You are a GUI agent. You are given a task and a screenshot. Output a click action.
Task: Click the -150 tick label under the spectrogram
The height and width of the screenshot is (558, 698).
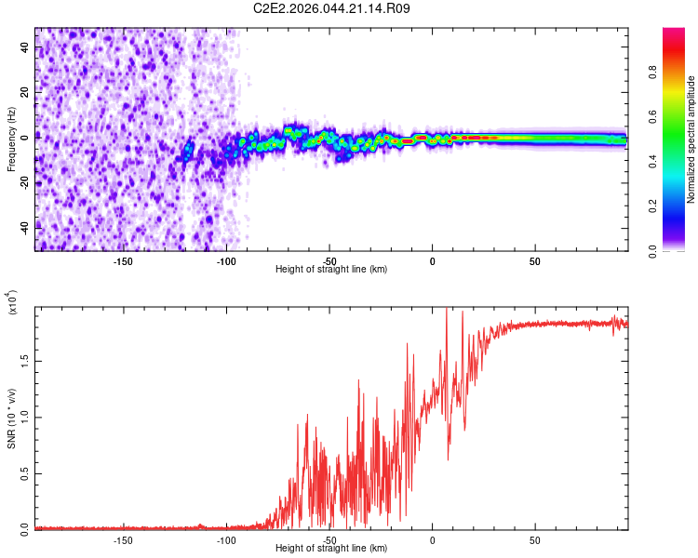[123, 260]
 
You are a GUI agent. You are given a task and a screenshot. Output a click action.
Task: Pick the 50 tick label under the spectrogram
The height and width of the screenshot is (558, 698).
[535, 260]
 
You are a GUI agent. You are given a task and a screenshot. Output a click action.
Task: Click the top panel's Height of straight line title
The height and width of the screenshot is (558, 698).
[331, 270]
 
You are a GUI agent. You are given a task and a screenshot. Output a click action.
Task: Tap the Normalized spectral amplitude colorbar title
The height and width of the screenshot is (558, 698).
[691, 139]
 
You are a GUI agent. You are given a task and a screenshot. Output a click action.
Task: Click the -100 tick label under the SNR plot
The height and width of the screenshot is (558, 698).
[226, 539]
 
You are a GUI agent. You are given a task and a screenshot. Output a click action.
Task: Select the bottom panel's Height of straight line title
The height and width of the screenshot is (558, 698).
[331, 549]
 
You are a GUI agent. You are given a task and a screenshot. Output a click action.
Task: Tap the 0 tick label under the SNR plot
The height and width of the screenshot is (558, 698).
[432, 539]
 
